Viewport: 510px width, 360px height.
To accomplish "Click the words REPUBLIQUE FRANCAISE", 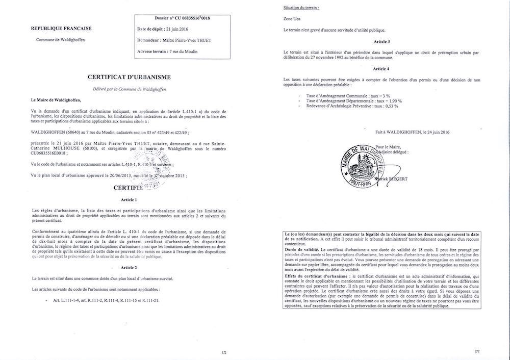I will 55,29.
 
